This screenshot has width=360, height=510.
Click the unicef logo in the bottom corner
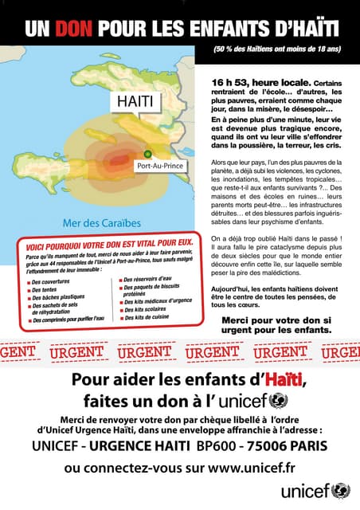click(x=315, y=490)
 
